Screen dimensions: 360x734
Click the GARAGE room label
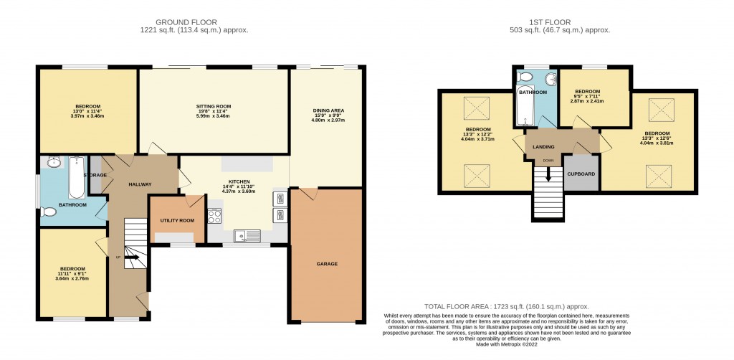326,264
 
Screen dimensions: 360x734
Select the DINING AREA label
327,110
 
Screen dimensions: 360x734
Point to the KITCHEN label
238,182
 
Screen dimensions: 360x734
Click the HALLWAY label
140,184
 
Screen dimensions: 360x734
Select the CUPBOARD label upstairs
581,174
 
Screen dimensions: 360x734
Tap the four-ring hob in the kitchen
214,215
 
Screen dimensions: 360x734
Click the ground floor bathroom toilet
49,212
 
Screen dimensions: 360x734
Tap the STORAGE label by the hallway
95,175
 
